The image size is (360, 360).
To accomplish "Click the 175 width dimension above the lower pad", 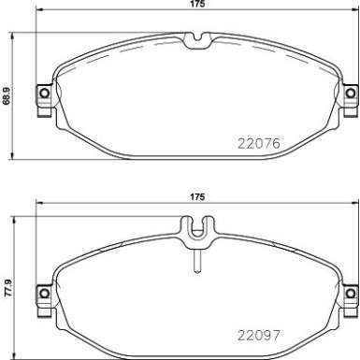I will (196, 197).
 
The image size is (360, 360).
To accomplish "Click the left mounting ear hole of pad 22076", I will (42, 94).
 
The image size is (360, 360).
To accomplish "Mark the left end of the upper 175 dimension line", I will (35, 12).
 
